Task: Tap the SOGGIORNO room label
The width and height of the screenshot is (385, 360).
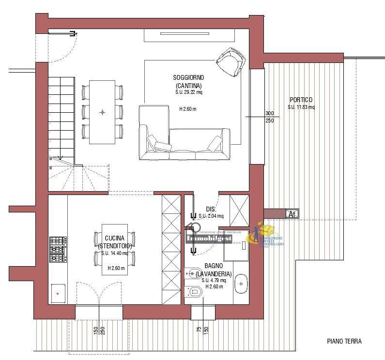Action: pyautogui.click(x=188, y=77)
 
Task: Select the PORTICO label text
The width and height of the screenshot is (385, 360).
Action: pyautogui.click(x=301, y=100)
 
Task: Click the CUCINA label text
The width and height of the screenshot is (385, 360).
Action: pyautogui.click(x=115, y=238)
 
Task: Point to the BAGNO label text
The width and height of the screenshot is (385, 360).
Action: pyautogui.click(x=214, y=266)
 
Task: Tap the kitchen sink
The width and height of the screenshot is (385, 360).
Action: pyautogui.click(x=58, y=292)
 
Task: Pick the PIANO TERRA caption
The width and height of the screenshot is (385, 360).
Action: pyautogui.click(x=344, y=341)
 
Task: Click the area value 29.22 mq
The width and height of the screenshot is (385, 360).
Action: pyautogui.click(x=189, y=92)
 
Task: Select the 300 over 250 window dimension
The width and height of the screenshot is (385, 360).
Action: pyautogui.click(x=269, y=117)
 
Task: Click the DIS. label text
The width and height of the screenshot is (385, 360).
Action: pyautogui.click(x=210, y=209)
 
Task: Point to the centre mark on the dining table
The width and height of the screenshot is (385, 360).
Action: pyautogui.click(x=102, y=112)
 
